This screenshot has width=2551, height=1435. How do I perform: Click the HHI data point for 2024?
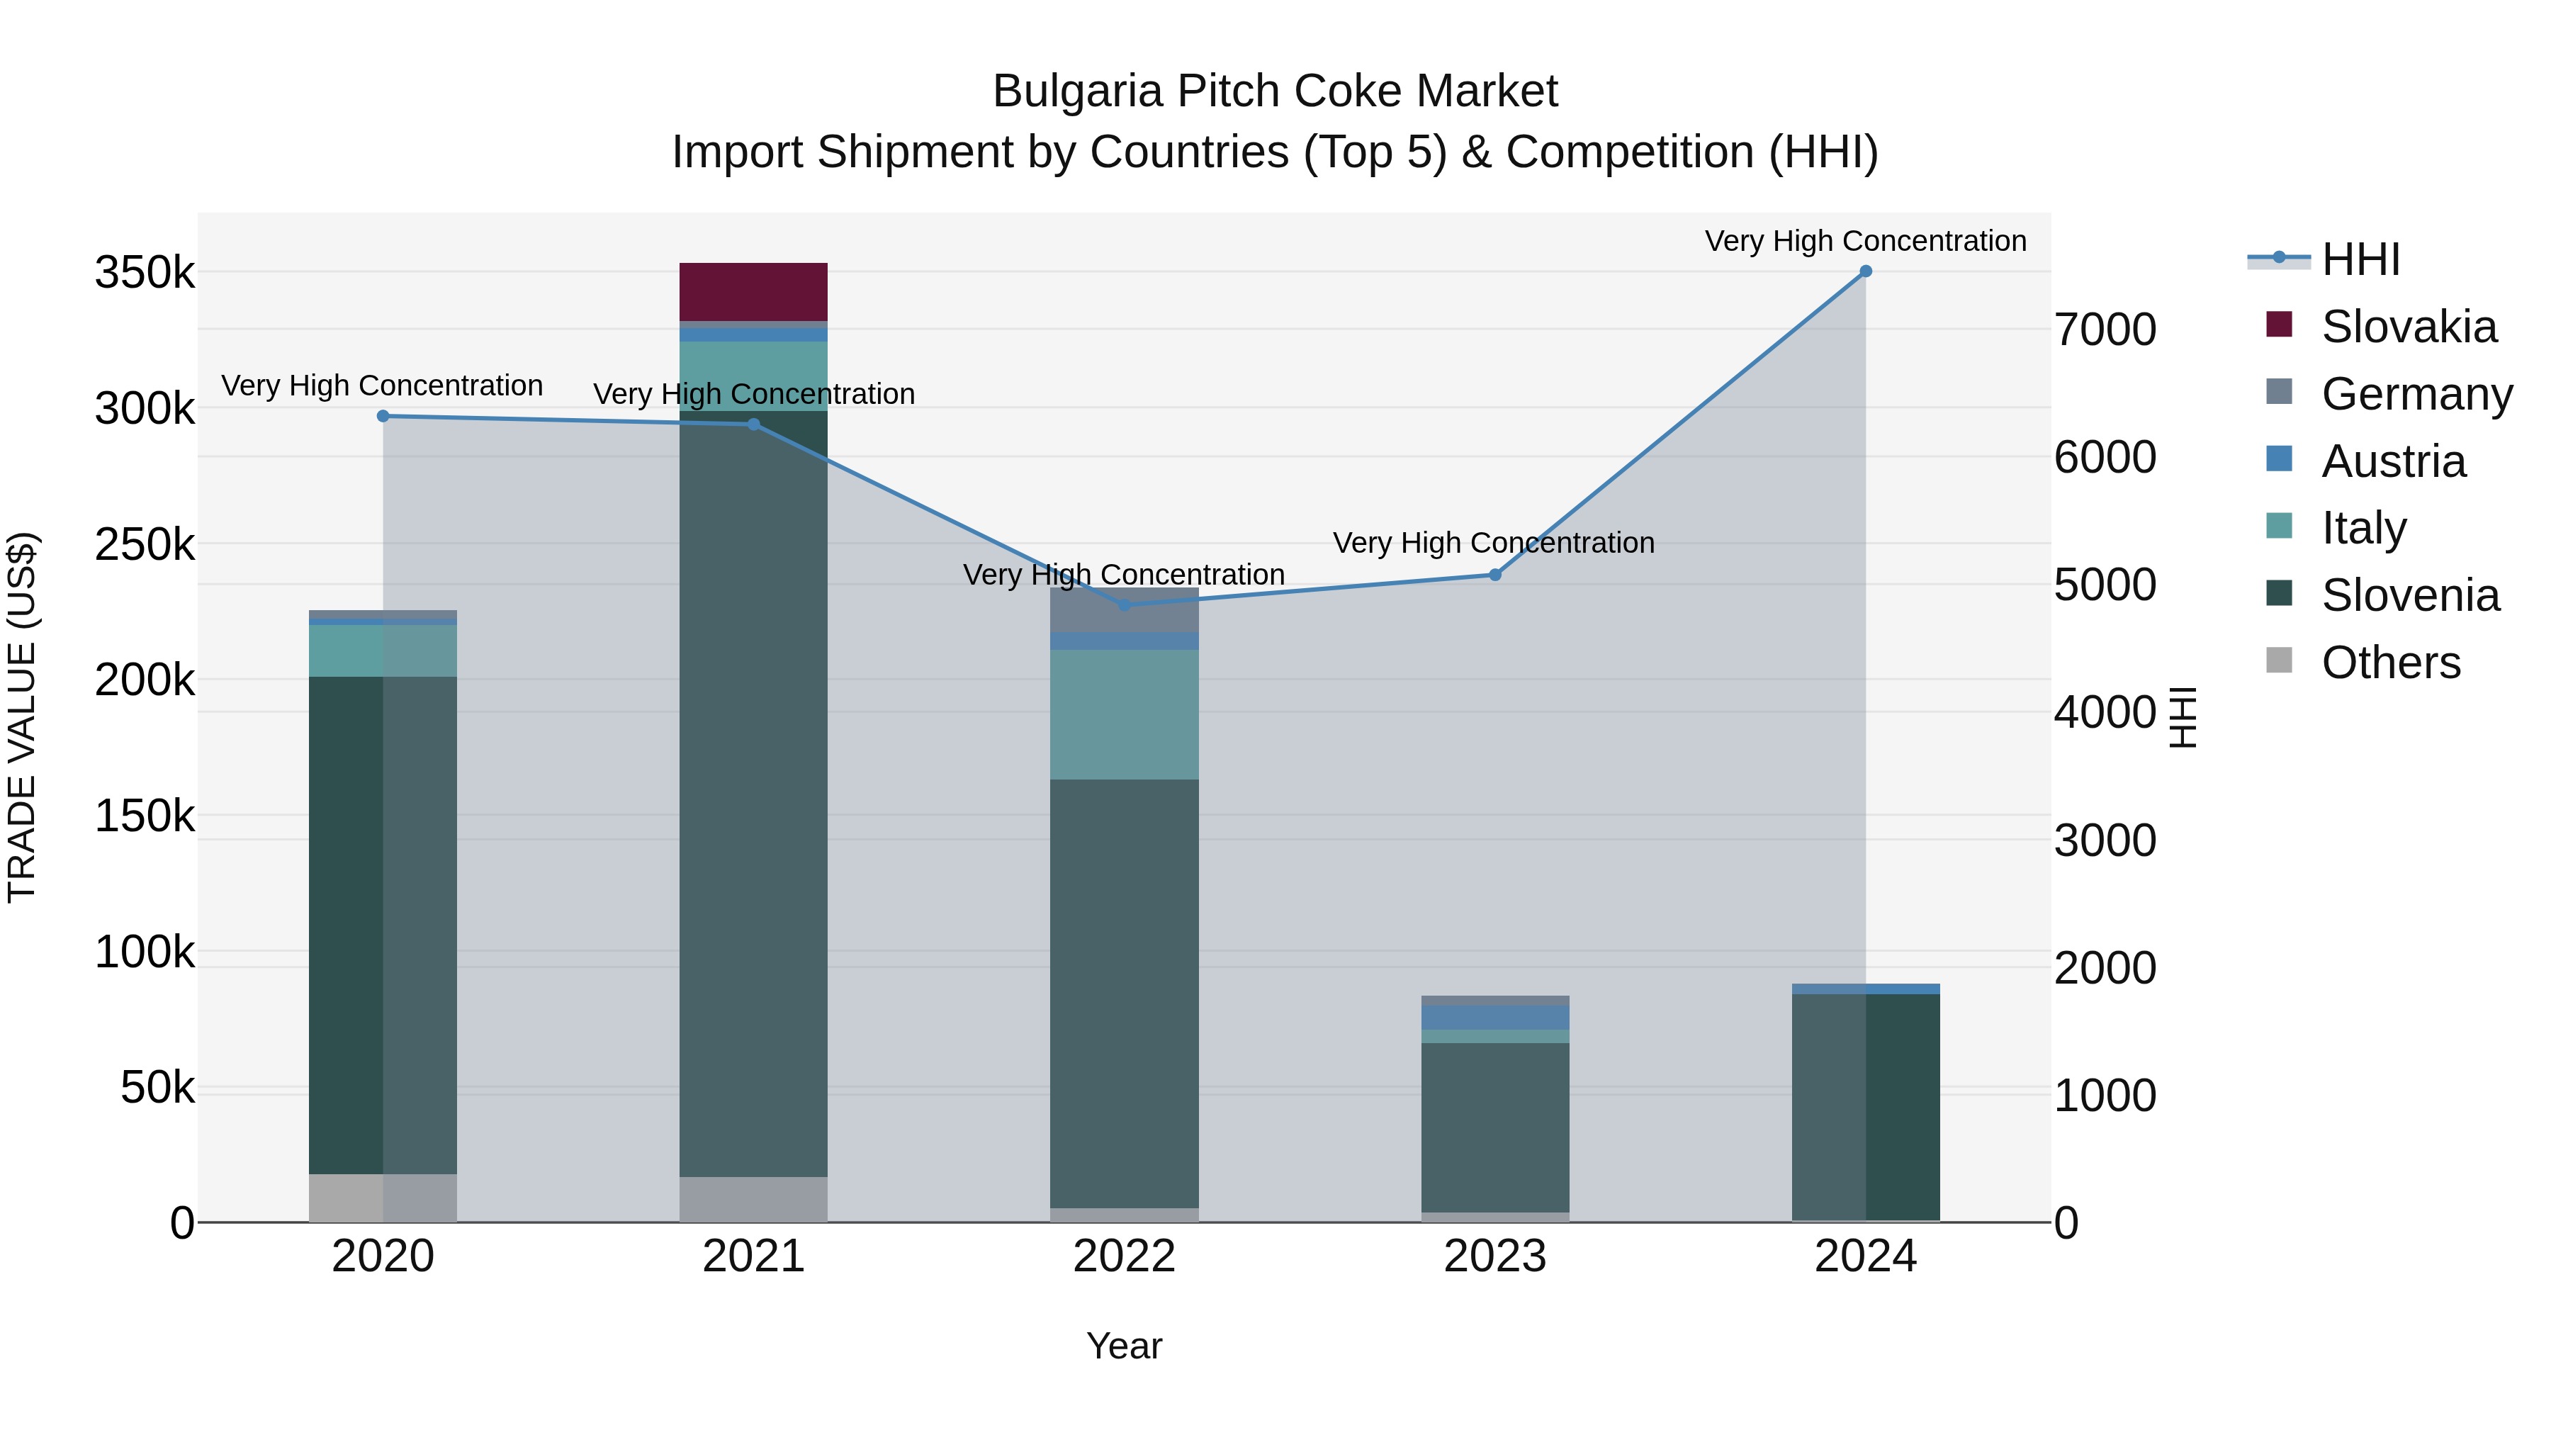point(1866,271)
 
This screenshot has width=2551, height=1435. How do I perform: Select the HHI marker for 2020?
point(383,416)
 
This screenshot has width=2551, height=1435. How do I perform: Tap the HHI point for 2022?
point(1124,605)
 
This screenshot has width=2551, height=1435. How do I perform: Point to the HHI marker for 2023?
point(1495,575)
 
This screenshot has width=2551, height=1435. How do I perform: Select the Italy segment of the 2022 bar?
point(1124,714)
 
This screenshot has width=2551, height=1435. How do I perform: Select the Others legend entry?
point(2391,663)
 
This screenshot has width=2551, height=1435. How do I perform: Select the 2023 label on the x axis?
point(1495,1256)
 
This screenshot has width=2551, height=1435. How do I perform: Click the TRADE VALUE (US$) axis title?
point(22,717)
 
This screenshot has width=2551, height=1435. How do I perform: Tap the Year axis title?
point(1124,1346)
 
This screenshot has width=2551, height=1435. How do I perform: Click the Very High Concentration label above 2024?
point(1866,241)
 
